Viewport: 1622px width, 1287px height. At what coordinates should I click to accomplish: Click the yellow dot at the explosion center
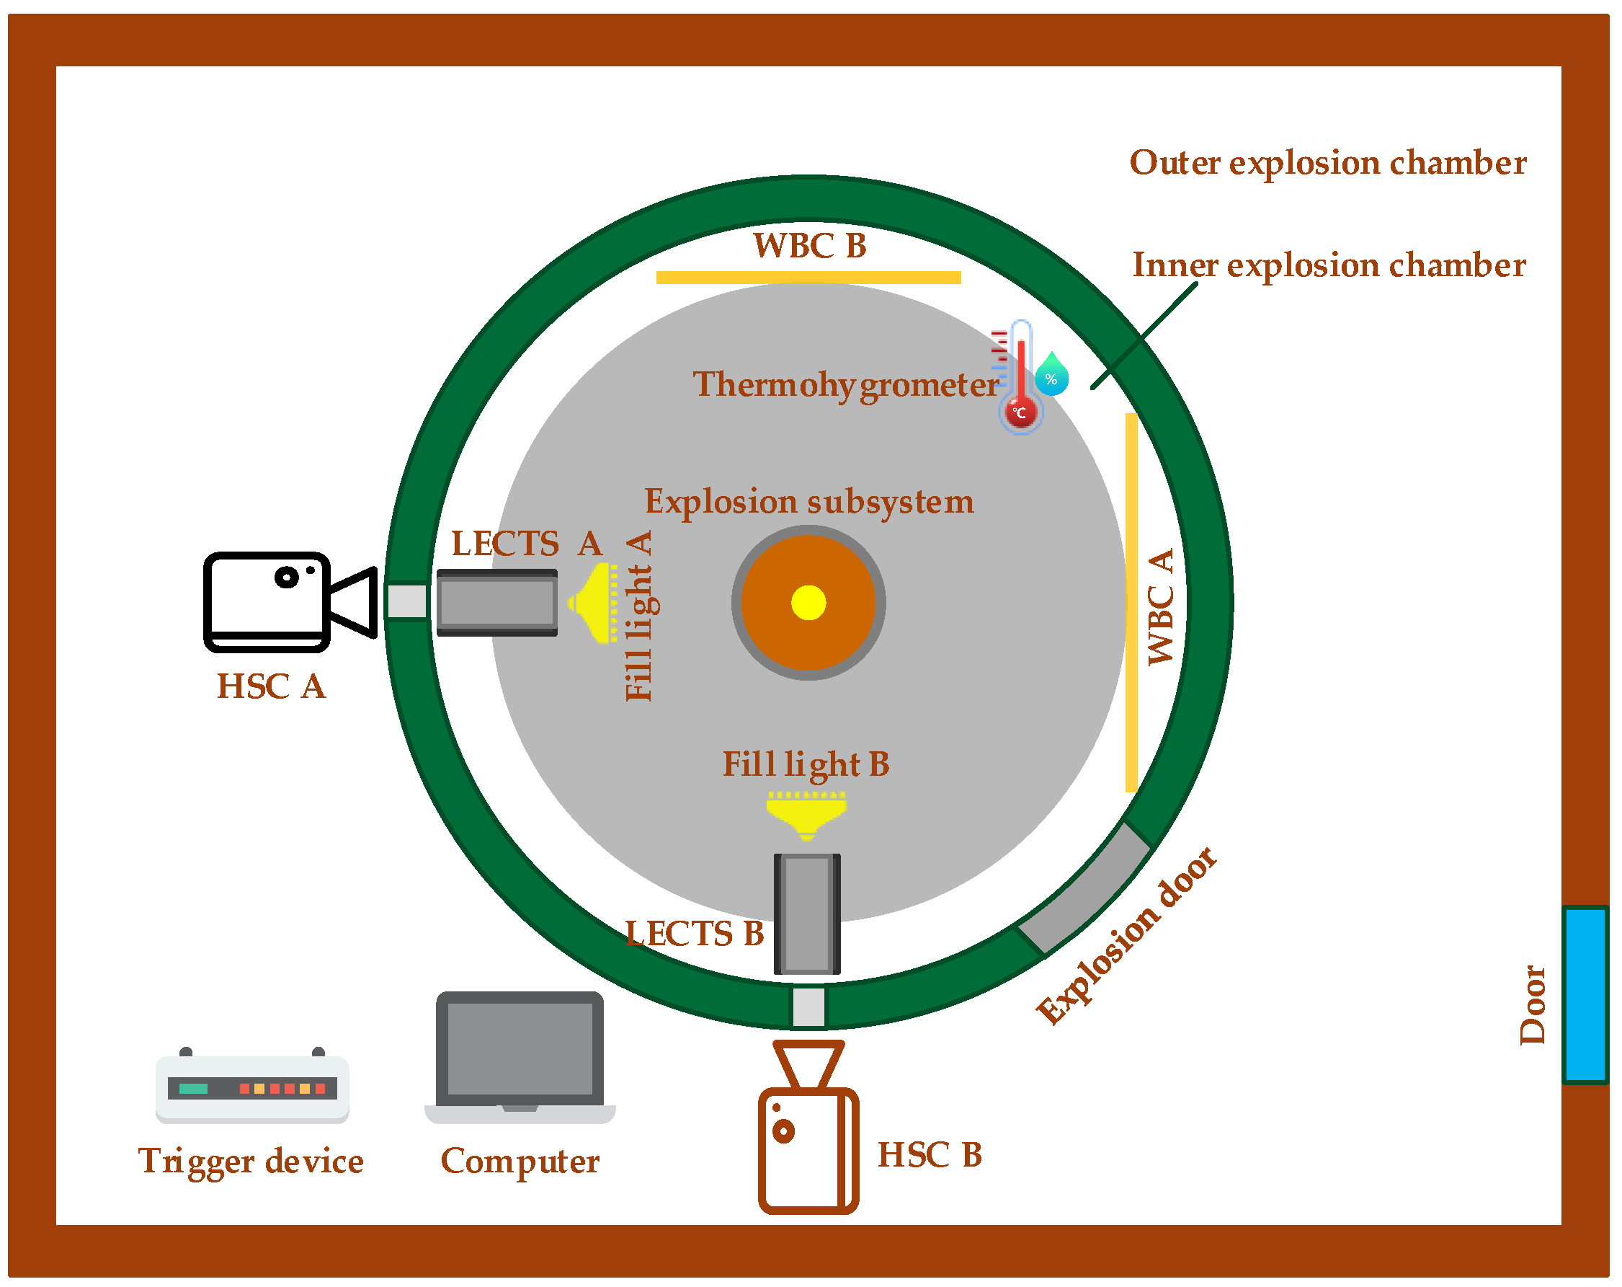pyautogui.click(x=808, y=602)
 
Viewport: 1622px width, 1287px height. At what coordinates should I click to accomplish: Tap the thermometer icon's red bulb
pyautogui.click(x=1020, y=412)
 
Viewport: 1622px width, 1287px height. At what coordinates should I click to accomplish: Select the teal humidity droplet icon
pyautogui.click(x=1051, y=374)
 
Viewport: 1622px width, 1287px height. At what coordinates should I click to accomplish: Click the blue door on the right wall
pyautogui.click(x=1585, y=994)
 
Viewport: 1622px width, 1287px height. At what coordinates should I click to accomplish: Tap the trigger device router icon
pyautogui.click(x=252, y=1087)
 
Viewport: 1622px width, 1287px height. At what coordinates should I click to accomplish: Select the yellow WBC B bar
pyautogui.click(x=808, y=277)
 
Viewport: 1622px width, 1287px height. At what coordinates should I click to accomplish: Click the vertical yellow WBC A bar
pyautogui.click(x=1131, y=602)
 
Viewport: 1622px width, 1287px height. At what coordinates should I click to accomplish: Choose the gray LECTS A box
pyautogui.click(x=496, y=602)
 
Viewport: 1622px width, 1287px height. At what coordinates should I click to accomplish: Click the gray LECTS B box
pyautogui.click(x=807, y=913)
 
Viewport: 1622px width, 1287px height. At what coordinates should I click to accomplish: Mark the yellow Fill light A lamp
pyautogui.click(x=594, y=602)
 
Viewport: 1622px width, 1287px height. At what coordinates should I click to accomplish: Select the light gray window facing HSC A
pyautogui.click(x=407, y=601)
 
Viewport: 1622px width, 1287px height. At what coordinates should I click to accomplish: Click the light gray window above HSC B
pyautogui.click(x=808, y=1007)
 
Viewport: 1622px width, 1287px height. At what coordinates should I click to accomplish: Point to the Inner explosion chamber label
pyautogui.click(x=1329, y=265)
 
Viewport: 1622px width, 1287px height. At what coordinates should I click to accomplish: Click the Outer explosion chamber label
pyautogui.click(x=1328, y=162)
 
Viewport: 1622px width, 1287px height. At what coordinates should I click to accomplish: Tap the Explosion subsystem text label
pyautogui.click(x=808, y=502)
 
